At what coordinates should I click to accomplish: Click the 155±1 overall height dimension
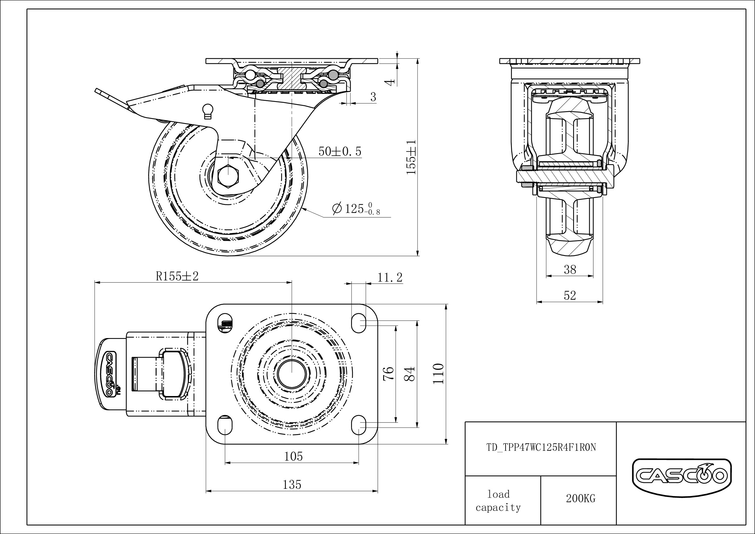[411, 157]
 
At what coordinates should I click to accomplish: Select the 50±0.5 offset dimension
[340, 151]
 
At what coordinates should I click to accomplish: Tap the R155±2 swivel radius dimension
[177, 277]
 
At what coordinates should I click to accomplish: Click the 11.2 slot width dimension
[390, 278]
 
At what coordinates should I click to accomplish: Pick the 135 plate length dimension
[292, 484]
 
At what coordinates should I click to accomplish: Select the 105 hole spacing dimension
[293, 456]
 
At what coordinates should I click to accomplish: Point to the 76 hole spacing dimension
[388, 373]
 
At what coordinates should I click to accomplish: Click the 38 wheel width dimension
[570, 269]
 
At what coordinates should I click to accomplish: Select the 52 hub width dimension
[570, 296]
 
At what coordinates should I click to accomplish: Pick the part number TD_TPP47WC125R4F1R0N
[541, 447]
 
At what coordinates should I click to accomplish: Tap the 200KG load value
[581, 498]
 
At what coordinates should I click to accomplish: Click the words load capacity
[498, 501]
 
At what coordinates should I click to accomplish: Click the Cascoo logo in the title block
[681, 476]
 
